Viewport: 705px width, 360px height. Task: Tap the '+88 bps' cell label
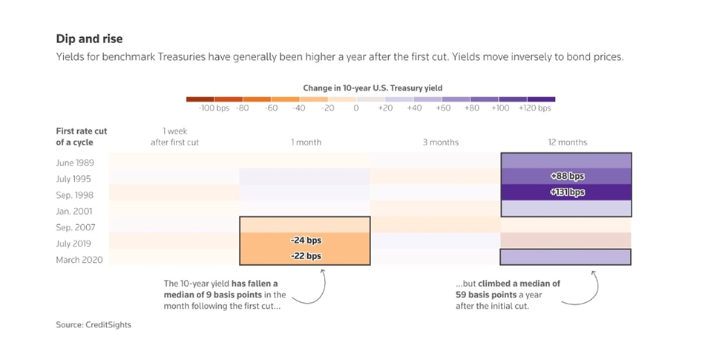(566, 177)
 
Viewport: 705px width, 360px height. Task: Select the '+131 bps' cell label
(566, 192)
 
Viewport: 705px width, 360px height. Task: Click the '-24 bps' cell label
(305, 240)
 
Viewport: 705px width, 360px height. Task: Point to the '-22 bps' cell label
(305, 256)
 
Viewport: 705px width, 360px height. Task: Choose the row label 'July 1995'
(73, 178)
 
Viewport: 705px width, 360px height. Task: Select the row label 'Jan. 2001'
(73, 211)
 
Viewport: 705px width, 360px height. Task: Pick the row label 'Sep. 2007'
(74, 227)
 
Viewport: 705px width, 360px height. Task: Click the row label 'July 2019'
(73, 243)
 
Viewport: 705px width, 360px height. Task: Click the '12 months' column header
(566, 143)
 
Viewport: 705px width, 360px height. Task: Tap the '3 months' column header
(441, 143)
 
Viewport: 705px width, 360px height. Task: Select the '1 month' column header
(306, 143)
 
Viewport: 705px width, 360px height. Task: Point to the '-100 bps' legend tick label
(213, 108)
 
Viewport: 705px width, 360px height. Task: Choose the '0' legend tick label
(356, 108)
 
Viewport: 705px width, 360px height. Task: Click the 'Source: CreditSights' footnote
(93, 324)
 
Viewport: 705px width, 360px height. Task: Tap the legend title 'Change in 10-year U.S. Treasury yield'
(372, 88)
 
